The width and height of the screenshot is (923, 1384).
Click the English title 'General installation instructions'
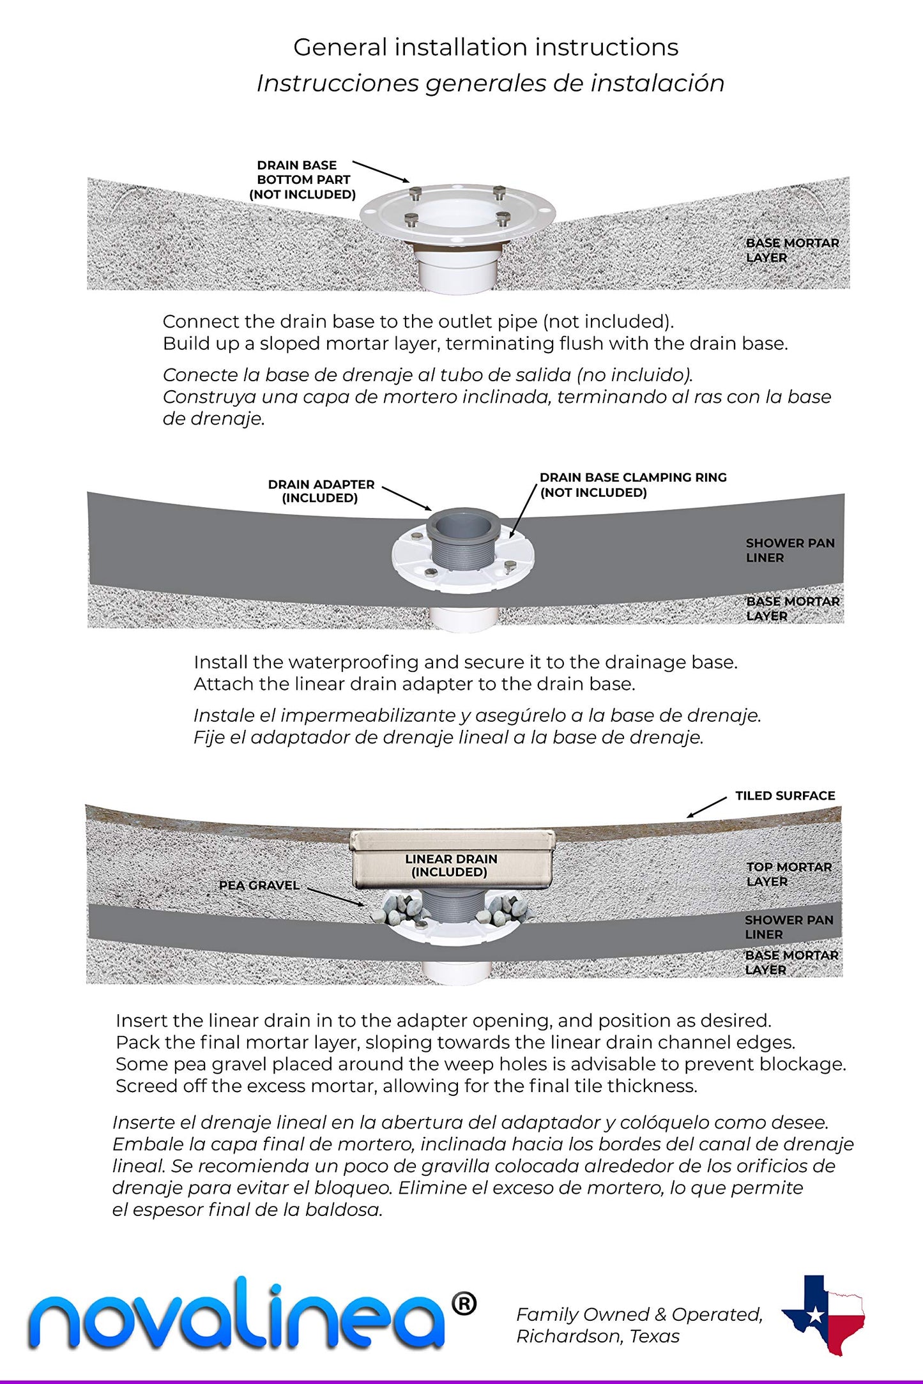[x=485, y=47]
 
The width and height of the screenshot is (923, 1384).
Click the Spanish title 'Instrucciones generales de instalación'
[x=490, y=84]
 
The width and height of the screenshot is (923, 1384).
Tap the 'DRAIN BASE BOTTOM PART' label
[x=302, y=179]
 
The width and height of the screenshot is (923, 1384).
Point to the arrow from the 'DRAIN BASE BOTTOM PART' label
[x=381, y=171]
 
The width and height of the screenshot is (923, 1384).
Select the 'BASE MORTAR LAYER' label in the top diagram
[x=792, y=250]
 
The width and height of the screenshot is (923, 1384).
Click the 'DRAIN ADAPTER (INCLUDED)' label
[x=321, y=491]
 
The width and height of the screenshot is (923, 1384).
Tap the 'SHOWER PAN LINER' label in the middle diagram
[x=790, y=550]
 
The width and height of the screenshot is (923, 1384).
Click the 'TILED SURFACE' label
[x=784, y=796]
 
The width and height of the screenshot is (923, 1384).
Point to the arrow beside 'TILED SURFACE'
[x=706, y=807]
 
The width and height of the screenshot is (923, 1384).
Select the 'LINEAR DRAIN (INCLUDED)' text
[x=450, y=865]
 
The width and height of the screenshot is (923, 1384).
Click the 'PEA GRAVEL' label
[x=259, y=885]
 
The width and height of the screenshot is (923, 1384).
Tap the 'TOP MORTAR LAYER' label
[x=789, y=874]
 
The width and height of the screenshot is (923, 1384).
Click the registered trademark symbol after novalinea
[x=464, y=1304]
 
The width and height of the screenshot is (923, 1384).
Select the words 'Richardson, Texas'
[x=597, y=1336]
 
